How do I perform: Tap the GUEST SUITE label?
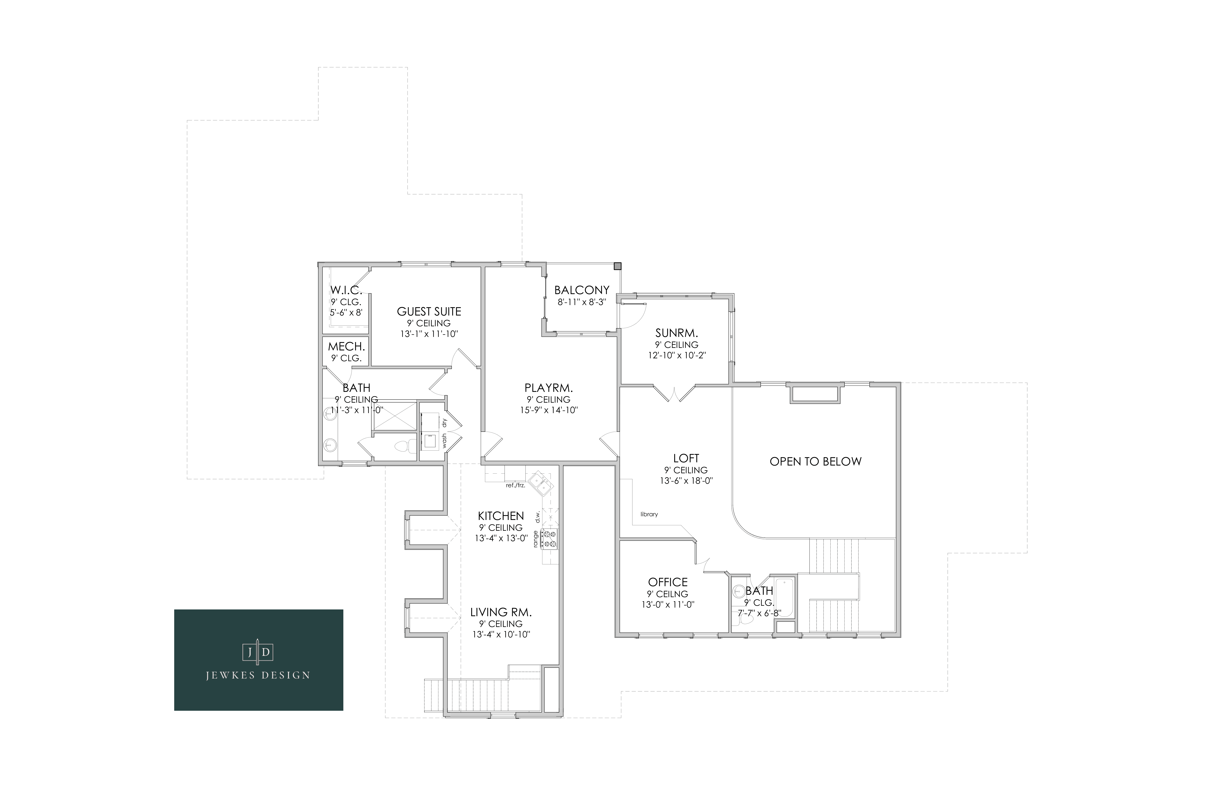tap(429, 312)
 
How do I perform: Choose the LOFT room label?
tap(686, 458)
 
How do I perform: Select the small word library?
tap(649, 514)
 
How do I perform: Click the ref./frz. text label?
tap(515, 486)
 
